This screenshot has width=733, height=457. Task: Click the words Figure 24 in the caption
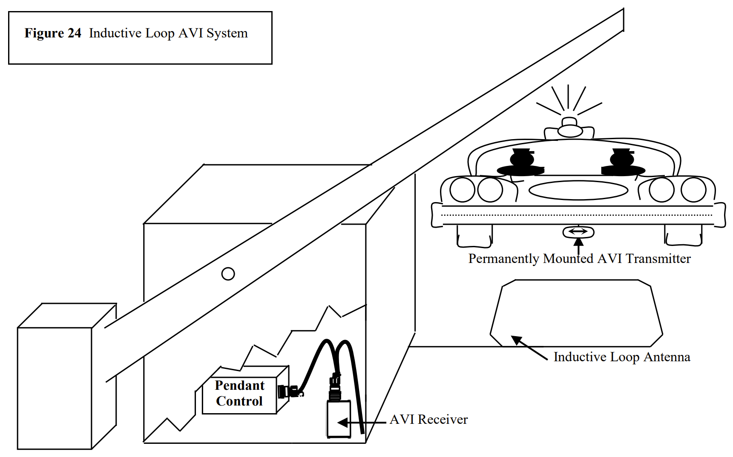(53, 33)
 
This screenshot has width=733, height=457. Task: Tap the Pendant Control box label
(239, 393)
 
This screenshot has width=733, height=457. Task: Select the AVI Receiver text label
(428, 420)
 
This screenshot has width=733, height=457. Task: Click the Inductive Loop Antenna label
(621, 357)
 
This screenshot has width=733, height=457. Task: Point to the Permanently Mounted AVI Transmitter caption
(579, 259)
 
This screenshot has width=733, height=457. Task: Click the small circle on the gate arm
(228, 274)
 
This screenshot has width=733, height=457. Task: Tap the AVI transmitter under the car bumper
(578, 232)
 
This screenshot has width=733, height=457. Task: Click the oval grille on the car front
(578, 190)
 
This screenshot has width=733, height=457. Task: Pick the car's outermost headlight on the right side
(693, 190)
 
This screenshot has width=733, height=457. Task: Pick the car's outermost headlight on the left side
(462, 190)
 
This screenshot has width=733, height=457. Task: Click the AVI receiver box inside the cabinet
(339, 419)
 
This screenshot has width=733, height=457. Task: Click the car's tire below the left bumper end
(474, 237)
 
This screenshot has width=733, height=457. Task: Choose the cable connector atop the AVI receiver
(335, 387)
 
